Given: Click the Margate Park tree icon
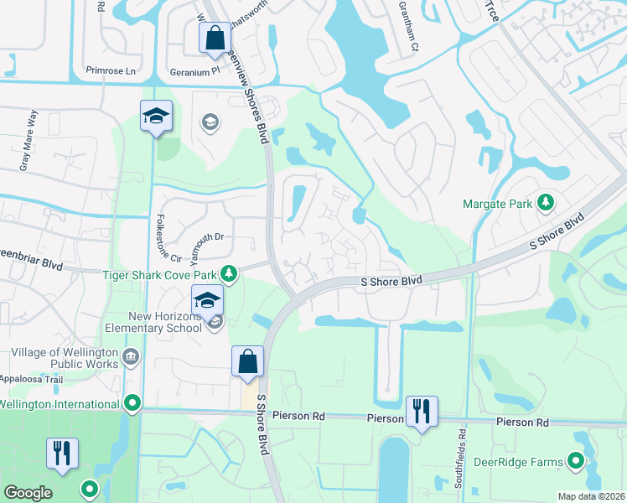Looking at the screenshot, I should [546, 203].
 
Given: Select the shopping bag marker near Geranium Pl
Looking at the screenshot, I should [213, 38].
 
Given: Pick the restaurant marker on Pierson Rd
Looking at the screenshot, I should [421, 412].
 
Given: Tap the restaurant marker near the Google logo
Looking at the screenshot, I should [62, 454].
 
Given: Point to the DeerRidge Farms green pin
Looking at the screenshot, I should [575, 460].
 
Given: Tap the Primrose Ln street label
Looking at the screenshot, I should [111, 71].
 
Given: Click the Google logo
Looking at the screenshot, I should [28, 493].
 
